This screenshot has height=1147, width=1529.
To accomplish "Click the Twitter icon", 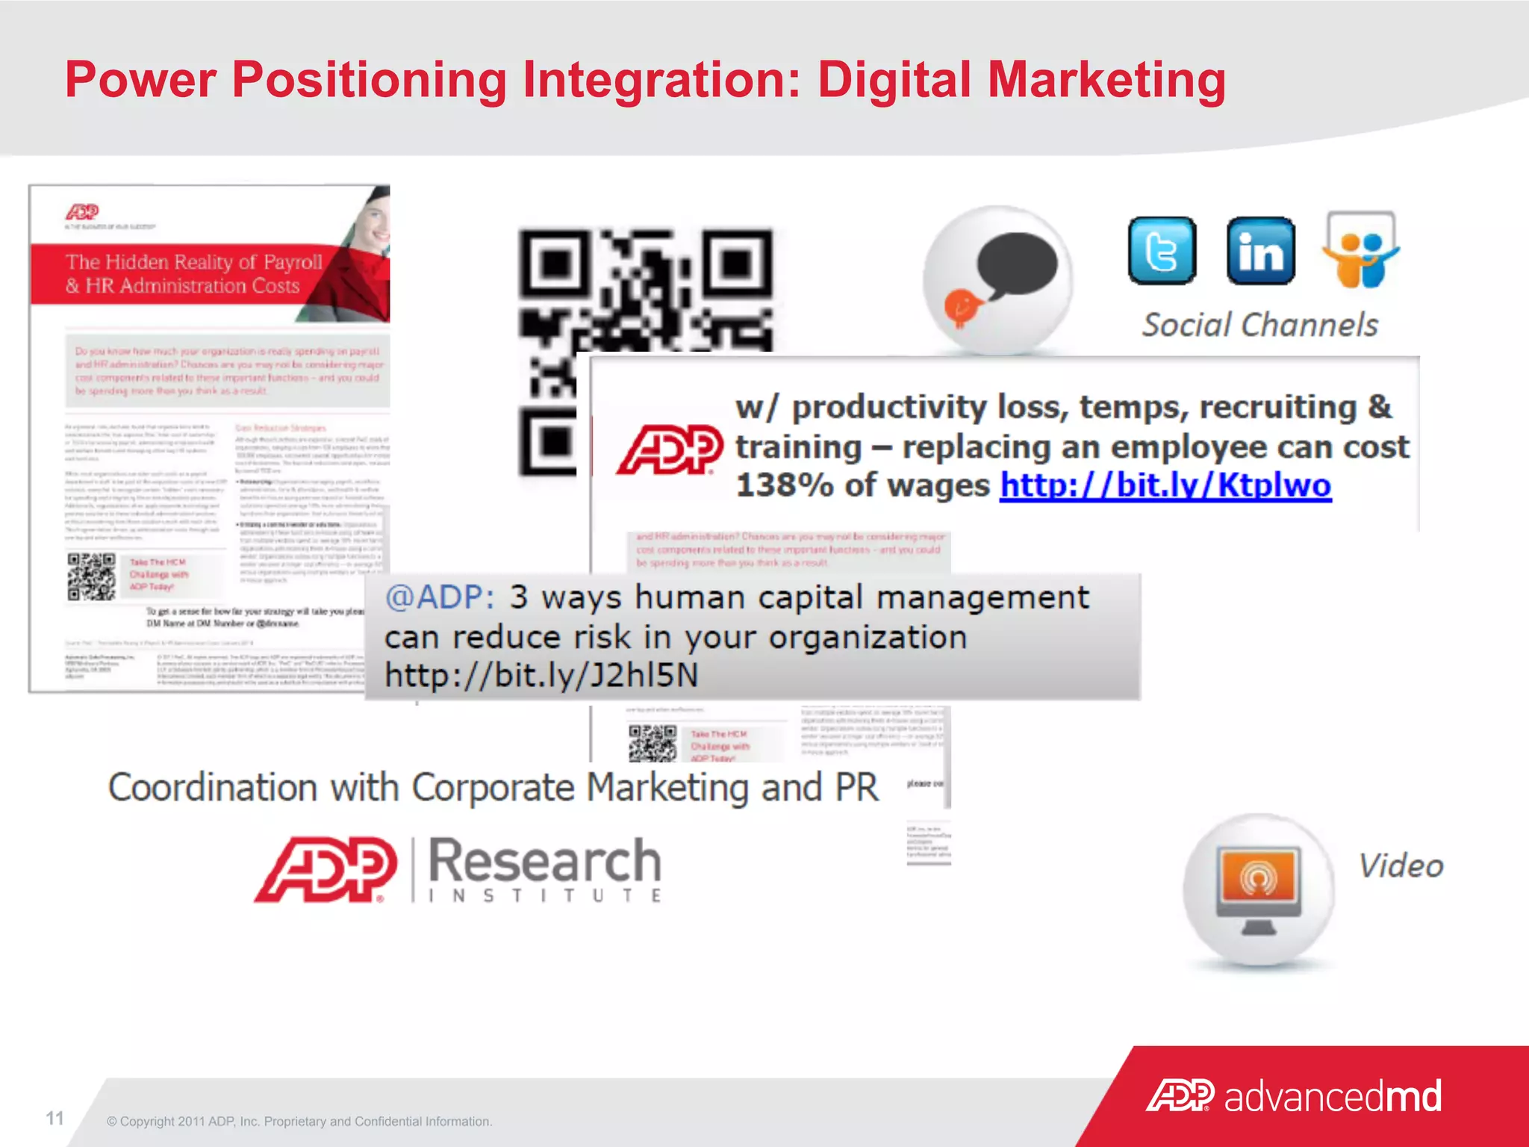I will pos(1162,251).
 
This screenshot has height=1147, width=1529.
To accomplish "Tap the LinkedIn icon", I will pos(1261,251).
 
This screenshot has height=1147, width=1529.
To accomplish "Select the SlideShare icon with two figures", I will pos(1360,251).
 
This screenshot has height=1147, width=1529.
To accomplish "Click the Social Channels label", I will pos(1260,325).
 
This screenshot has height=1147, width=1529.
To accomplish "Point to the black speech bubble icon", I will pos(1017,264).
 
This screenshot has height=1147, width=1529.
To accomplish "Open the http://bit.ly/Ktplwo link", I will pos(1165,485).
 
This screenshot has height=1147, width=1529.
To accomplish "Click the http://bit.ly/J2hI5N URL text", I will pos(541,675).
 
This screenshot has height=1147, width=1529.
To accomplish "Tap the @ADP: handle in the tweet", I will pos(439,597).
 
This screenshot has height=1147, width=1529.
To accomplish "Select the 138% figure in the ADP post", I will pos(784,485).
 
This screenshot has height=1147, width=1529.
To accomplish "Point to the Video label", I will pos(1401,866).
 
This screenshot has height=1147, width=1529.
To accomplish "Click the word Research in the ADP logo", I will pos(545,860).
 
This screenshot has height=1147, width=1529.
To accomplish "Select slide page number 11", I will pos(55,1118).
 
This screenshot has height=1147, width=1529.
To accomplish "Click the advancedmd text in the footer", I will pos(1333,1096).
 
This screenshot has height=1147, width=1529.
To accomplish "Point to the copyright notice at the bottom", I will pos(299,1122).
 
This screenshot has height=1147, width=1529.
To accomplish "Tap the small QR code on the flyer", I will pos(91,576).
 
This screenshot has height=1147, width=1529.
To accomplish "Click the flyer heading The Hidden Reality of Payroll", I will pos(193,262).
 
